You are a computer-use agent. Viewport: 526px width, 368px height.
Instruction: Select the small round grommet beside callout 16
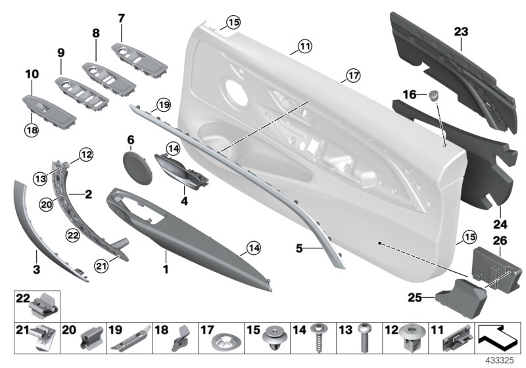[434, 97]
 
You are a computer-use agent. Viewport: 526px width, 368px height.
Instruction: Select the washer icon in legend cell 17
[224, 342]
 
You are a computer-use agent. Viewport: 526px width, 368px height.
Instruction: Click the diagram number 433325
[499, 361]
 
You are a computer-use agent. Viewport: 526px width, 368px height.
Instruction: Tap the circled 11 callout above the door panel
[304, 46]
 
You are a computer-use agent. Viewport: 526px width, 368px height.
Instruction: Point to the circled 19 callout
[162, 104]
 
